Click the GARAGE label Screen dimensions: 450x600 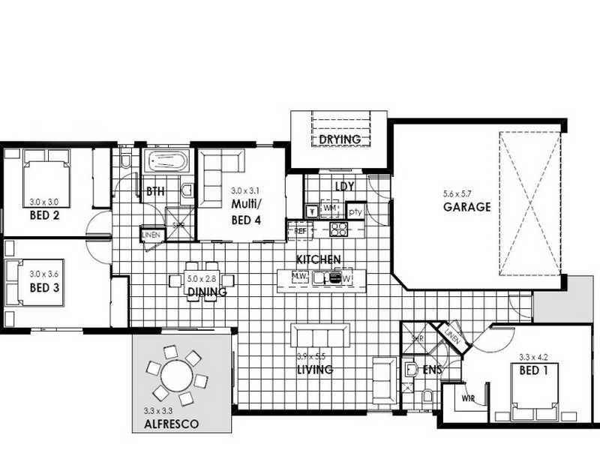466,207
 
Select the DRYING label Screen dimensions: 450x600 340,139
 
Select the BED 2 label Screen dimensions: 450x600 44,214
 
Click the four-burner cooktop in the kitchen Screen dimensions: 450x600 339,229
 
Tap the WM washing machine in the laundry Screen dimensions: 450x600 330,207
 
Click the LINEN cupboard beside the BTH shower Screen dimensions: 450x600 150,235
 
